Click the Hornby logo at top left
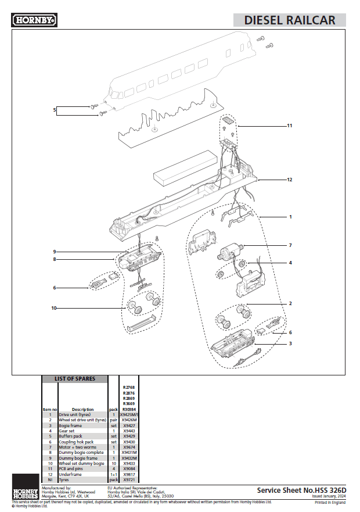coord(34,20)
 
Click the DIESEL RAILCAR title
coord(289,20)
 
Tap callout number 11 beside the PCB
coord(289,126)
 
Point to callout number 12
coord(289,180)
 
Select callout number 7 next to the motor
coord(290,245)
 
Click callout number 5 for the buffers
coord(55,109)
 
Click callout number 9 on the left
coord(54,252)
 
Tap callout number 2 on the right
coord(290,303)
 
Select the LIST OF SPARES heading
coord(75,379)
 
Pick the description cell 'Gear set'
coord(67,431)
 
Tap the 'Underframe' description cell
coord(70,474)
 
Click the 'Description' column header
coord(82,409)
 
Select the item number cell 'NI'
coord(50,479)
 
